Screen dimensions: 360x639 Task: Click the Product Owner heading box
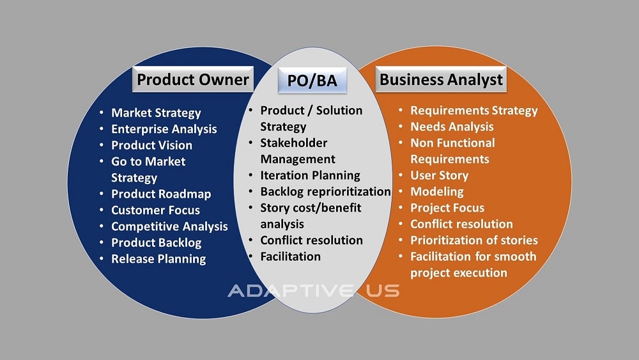click(x=192, y=79)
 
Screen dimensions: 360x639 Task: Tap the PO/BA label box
click(x=312, y=81)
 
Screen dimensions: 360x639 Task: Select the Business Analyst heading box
click(x=441, y=79)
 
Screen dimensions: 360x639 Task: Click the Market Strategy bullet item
click(x=156, y=113)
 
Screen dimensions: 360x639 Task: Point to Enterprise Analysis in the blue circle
click(x=164, y=129)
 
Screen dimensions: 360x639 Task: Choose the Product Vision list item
click(x=151, y=145)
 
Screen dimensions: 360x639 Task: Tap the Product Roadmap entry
click(x=161, y=194)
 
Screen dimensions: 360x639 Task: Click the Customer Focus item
click(x=155, y=210)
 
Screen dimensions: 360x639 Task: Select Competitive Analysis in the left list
click(x=169, y=226)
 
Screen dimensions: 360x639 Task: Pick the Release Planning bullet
click(x=158, y=259)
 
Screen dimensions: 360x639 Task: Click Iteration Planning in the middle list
click(x=310, y=175)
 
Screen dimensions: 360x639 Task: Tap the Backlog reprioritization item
click(x=325, y=191)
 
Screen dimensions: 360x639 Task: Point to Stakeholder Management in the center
click(x=297, y=150)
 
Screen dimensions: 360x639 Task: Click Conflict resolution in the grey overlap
click(x=311, y=240)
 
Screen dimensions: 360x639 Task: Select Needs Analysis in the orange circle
click(x=452, y=127)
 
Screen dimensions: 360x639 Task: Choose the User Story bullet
click(x=439, y=175)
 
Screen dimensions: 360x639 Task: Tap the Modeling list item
click(x=437, y=191)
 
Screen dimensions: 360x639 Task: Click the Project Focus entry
click(x=447, y=208)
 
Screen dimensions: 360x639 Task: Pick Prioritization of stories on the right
click(x=473, y=240)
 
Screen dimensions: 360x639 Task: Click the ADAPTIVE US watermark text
click(x=314, y=291)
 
